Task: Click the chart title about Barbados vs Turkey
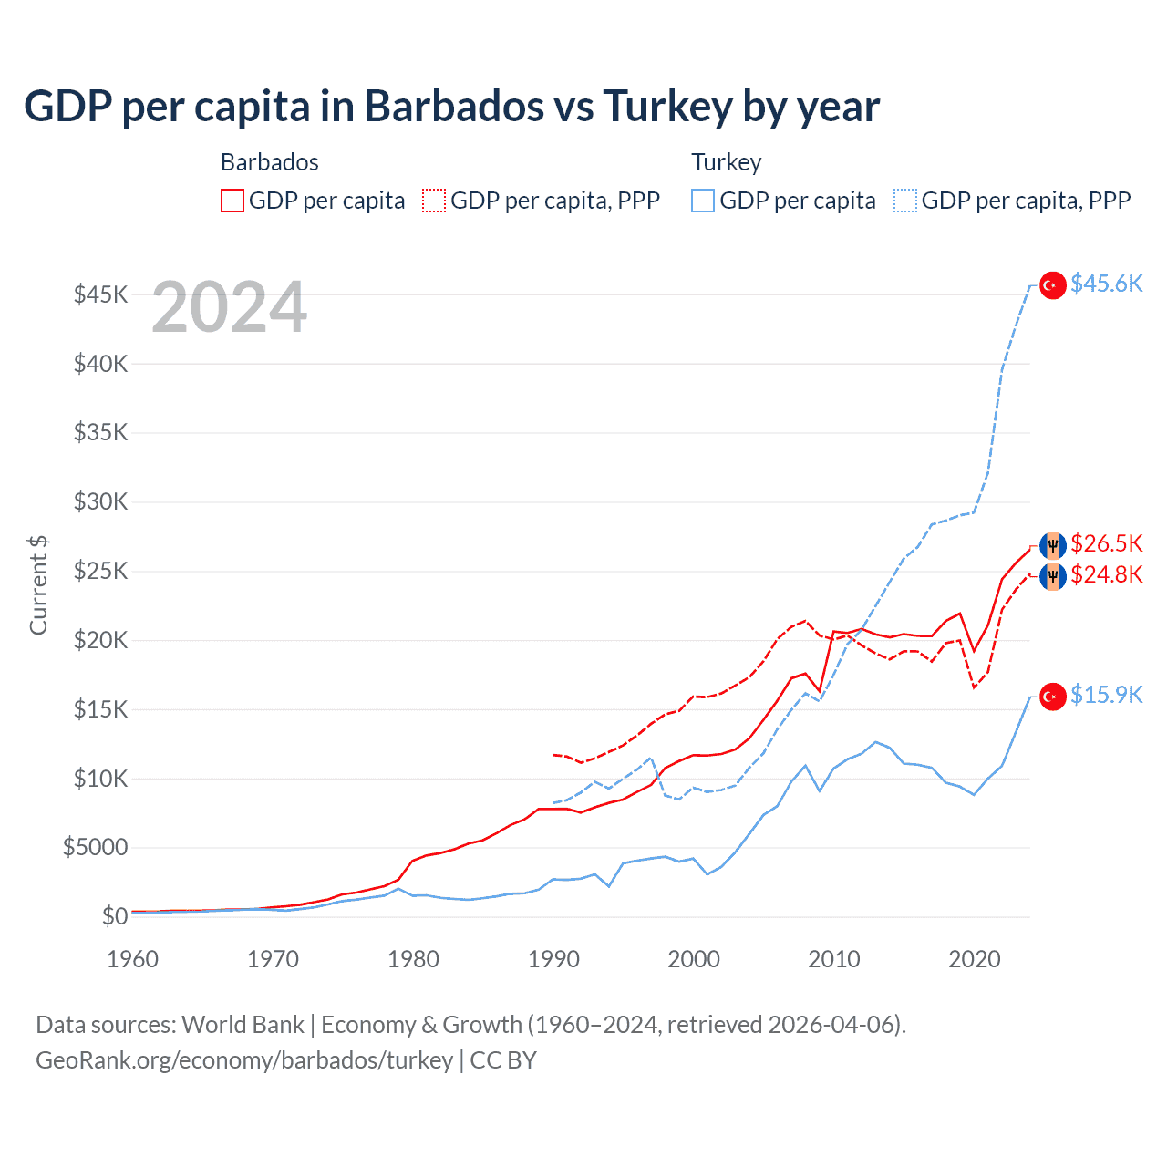tap(451, 107)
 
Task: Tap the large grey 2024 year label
tap(229, 308)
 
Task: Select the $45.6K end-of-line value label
tap(1106, 284)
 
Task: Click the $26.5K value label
tap(1106, 544)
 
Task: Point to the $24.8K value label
tap(1106, 575)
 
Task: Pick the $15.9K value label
tap(1106, 696)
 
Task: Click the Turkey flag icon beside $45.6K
tap(1053, 285)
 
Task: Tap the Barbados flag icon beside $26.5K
tap(1053, 545)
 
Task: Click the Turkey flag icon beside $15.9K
tap(1053, 697)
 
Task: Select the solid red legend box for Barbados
tap(232, 201)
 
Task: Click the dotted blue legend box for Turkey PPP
tap(905, 201)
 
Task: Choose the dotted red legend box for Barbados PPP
tap(434, 201)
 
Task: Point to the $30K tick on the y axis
tap(100, 501)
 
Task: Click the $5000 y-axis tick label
tap(95, 848)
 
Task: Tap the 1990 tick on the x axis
tap(553, 959)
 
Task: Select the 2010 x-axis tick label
tap(834, 959)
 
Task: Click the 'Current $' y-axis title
tap(38, 585)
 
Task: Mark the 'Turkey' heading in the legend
tap(726, 162)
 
